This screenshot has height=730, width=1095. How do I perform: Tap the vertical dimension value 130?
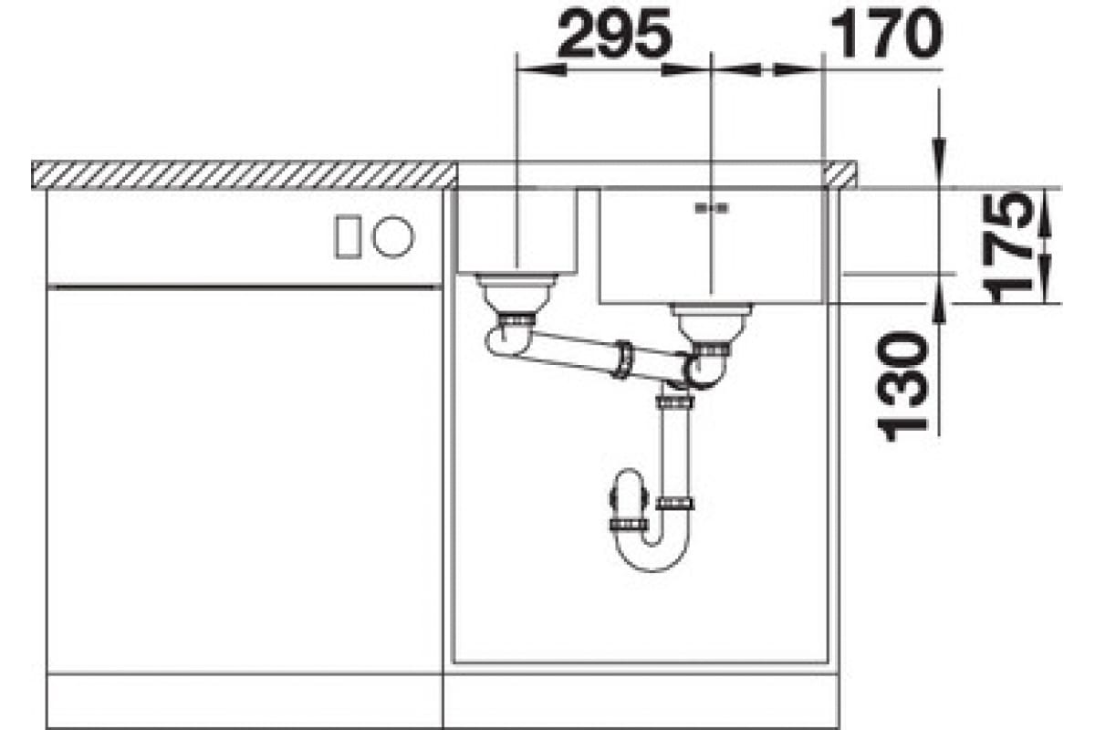tap(902, 386)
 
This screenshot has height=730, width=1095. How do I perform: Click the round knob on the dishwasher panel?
tap(393, 236)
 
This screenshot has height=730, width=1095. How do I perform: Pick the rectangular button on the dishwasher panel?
tap(348, 236)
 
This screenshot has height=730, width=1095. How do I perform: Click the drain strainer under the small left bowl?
tap(516, 294)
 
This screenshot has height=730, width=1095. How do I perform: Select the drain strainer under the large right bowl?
tap(711, 323)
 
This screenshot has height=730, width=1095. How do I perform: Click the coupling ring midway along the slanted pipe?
tap(623, 360)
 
